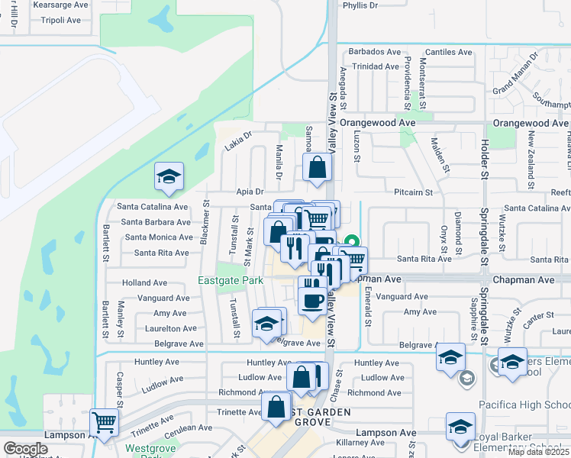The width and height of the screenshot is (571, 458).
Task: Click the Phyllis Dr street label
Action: point(360,5)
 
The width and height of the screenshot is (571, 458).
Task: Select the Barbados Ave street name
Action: point(374,52)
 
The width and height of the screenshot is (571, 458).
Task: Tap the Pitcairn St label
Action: point(413,192)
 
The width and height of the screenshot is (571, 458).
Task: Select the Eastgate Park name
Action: point(231,280)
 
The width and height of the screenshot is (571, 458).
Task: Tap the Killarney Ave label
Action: point(358,442)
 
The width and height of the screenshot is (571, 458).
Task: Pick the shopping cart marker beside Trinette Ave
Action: point(104,421)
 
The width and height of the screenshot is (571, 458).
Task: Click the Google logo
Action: point(25,449)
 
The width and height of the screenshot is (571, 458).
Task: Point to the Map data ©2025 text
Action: point(538,452)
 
